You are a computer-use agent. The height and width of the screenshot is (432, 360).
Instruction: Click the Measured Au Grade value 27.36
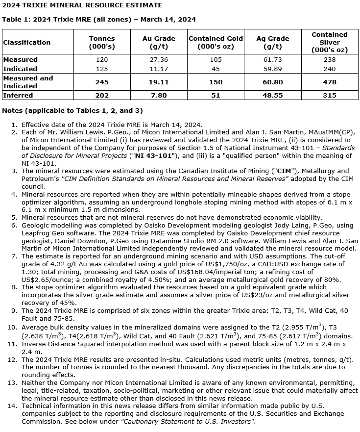pyautogui.click(x=159, y=60)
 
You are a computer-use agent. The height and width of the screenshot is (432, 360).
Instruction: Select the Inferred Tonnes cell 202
pyautogui.click(x=102, y=95)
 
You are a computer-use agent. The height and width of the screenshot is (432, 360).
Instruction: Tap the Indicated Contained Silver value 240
pyautogui.click(x=330, y=69)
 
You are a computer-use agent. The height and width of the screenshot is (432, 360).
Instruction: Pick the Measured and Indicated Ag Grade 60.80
pyautogui.click(x=272, y=82)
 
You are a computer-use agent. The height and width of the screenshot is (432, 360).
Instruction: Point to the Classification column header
pyautogui.click(x=27, y=42)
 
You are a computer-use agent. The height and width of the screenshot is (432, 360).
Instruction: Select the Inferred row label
pyautogui.click(x=18, y=95)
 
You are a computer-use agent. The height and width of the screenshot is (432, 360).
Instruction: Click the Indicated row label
pyautogui.click(x=20, y=69)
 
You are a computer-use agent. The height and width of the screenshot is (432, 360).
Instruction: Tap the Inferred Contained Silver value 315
pyautogui.click(x=330, y=95)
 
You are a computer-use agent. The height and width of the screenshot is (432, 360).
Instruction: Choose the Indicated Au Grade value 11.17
pyautogui.click(x=159, y=69)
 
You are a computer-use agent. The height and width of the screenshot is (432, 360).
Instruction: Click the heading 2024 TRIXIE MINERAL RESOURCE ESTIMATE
pyautogui.click(x=82, y=5)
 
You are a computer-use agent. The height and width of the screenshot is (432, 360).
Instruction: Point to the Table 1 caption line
pyautogui.click(x=99, y=20)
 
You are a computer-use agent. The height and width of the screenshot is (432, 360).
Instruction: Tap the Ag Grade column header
pyautogui.click(x=272, y=42)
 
